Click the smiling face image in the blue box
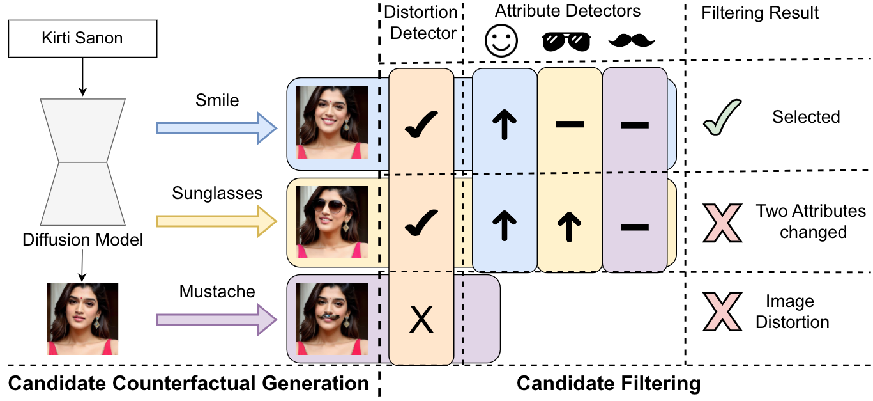click(331, 122)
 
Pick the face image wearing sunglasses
click(331, 222)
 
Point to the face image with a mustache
click(331, 319)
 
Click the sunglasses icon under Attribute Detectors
click(566, 42)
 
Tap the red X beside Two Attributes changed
click(722, 223)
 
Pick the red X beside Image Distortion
click(722, 312)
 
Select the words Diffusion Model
click(82, 240)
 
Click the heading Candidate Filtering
click(608, 384)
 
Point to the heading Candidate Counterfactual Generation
click(188, 384)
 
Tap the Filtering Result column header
click(760, 13)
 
